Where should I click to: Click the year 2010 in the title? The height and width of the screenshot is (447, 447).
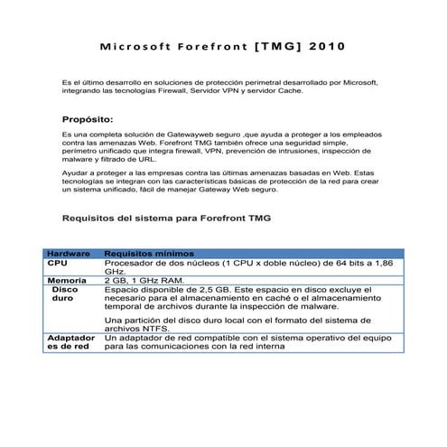[x=325, y=44]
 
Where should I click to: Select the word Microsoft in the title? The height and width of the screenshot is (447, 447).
[x=137, y=44]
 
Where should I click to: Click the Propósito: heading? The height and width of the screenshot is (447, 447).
[x=88, y=119]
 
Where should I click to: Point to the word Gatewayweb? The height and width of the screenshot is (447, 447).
[x=178, y=135]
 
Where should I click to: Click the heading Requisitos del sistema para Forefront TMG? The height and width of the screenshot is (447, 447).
[x=165, y=218]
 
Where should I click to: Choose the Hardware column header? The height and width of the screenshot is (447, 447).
[x=69, y=254]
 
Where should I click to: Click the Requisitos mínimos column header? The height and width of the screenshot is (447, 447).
[x=143, y=254]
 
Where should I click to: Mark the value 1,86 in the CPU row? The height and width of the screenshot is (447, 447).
[x=383, y=263]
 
